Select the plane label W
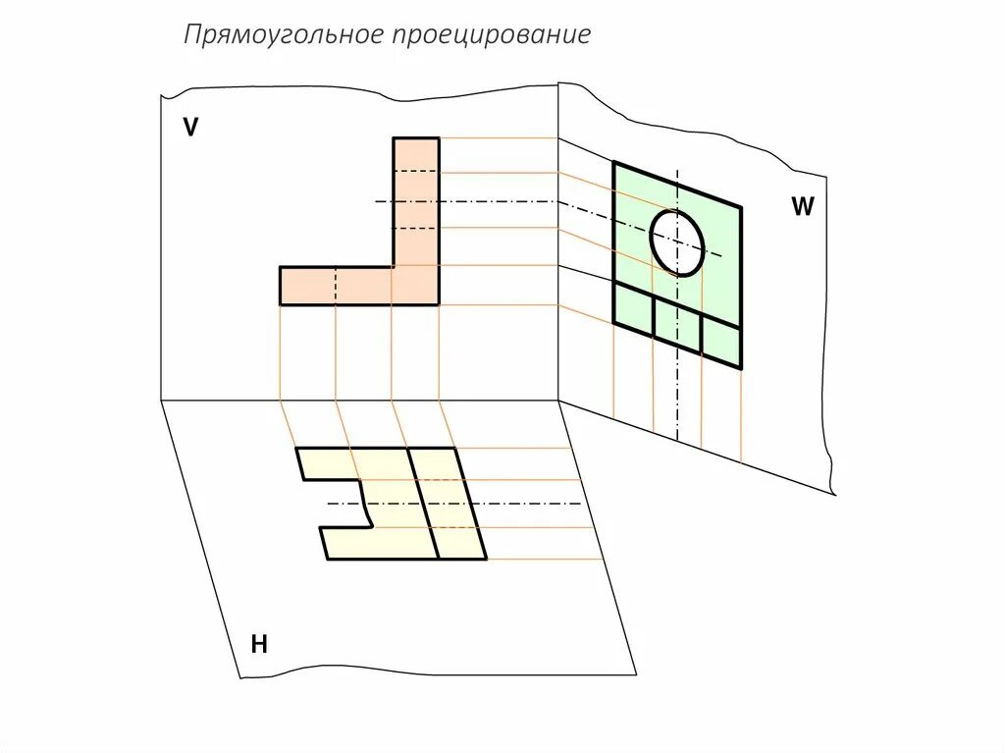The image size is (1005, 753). (x=803, y=206)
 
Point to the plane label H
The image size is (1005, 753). (x=259, y=644)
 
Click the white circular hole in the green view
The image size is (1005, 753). (x=677, y=242)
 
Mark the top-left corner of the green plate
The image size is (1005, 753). (x=614, y=163)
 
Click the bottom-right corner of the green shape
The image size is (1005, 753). (x=741, y=368)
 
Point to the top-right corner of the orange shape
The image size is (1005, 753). (x=439, y=138)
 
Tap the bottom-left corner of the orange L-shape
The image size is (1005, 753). (x=281, y=304)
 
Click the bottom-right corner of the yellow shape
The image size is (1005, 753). (x=486, y=559)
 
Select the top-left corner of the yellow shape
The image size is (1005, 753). (x=297, y=449)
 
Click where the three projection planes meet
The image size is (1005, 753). (x=558, y=401)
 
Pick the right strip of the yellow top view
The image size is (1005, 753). (x=448, y=503)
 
